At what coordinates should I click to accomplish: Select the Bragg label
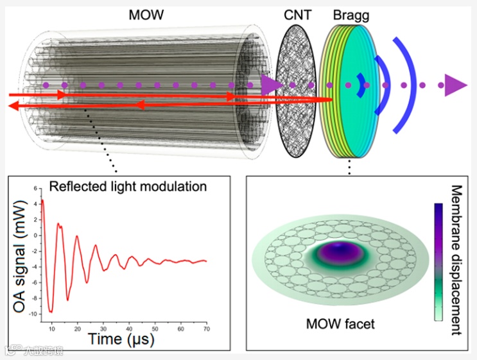point(349,13)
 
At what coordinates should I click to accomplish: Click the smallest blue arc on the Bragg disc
point(363,85)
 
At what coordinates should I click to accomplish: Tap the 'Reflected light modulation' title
point(128,187)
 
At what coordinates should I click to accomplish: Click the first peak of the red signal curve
point(42,201)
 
